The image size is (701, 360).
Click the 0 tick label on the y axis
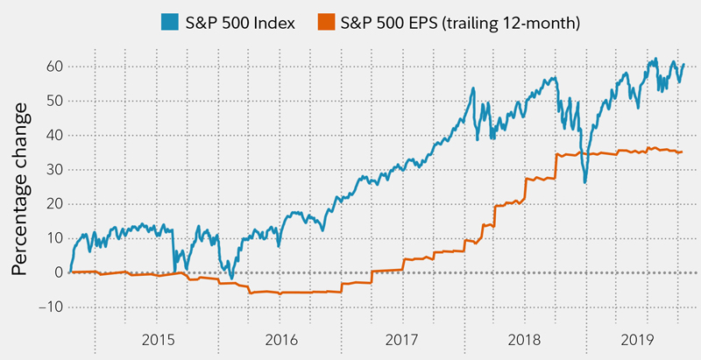[55, 272]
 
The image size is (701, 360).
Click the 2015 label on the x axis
[159, 338]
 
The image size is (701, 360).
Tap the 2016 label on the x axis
[280, 338]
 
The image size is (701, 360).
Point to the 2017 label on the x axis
[401, 338]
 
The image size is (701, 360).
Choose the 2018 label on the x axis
[522, 338]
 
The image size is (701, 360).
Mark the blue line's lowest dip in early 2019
[584, 183]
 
